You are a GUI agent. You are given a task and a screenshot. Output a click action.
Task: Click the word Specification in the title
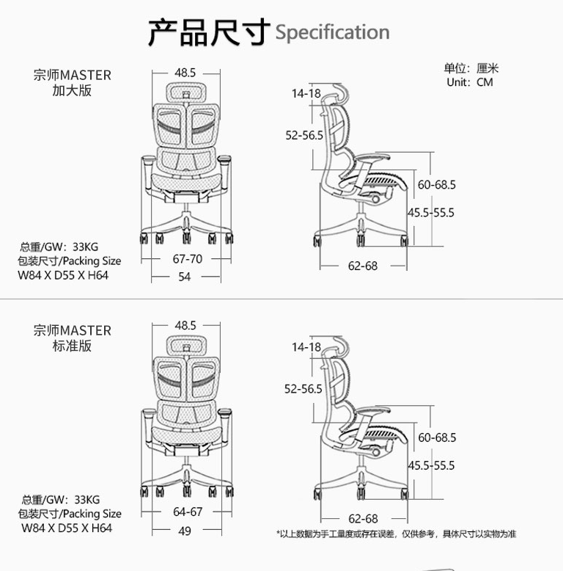(332, 33)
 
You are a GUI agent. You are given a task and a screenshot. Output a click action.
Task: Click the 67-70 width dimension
(188, 259)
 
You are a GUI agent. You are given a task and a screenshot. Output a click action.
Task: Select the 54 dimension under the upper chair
(185, 277)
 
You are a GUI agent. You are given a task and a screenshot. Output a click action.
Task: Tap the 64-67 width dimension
(188, 512)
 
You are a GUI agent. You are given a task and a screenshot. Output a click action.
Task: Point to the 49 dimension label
(185, 531)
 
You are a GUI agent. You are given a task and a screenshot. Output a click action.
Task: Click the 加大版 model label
(72, 91)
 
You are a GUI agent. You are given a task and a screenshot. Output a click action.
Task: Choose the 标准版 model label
(72, 346)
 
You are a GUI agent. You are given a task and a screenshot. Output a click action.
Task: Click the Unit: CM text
(470, 82)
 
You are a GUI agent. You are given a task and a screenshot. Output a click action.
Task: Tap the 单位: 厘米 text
(471, 68)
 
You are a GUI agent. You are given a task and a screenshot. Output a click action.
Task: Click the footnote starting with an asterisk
(396, 534)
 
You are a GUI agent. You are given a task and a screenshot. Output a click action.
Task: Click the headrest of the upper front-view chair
(186, 92)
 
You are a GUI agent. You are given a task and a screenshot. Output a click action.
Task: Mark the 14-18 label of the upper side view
(306, 94)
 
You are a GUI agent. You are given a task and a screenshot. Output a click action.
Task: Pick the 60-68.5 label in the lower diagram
(437, 437)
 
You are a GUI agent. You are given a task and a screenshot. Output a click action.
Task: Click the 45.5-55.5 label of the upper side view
(431, 212)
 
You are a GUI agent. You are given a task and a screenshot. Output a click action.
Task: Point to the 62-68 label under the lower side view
(363, 519)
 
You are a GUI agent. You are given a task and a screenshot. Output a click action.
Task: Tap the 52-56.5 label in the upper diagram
(304, 136)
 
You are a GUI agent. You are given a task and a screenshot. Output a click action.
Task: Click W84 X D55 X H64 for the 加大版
(63, 275)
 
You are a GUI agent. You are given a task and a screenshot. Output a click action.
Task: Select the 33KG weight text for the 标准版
(87, 500)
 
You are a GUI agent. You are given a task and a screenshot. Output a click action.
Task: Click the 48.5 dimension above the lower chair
(185, 325)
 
